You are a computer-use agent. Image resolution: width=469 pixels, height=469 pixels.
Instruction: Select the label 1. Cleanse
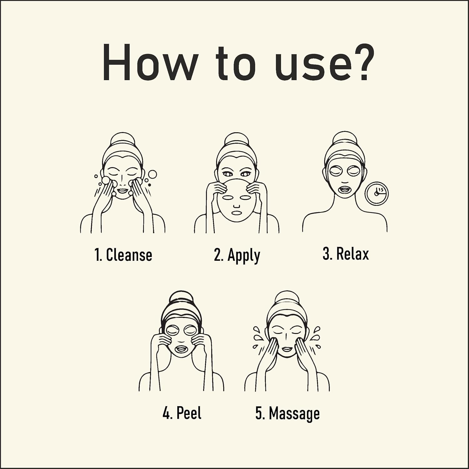coord(123,255)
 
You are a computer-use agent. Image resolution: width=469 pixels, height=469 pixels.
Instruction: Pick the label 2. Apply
coord(237,256)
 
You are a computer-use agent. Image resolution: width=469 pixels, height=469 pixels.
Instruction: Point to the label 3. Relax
coord(345,254)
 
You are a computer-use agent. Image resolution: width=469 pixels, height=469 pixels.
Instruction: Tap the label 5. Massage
coord(287,414)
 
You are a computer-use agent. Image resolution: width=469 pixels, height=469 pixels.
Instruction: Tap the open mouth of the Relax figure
coord(344,190)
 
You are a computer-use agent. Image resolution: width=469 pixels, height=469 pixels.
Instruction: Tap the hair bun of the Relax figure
coord(344,140)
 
